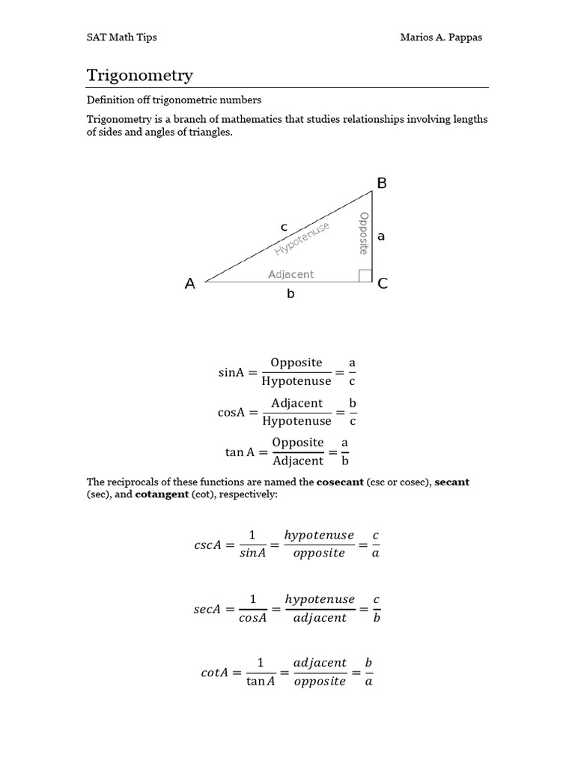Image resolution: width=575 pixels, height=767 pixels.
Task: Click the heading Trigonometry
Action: tap(140, 76)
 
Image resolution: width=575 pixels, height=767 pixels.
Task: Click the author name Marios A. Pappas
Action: tap(441, 37)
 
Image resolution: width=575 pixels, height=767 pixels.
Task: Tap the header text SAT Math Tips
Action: tap(122, 37)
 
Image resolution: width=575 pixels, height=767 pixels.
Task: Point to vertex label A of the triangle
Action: tap(190, 284)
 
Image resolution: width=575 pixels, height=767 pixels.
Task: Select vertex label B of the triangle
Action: tap(381, 184)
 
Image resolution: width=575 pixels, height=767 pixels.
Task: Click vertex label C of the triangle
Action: tap(383, 284)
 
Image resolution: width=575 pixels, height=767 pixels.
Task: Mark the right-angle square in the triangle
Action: tap(365, 276)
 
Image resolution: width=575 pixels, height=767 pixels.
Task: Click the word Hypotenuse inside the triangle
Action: tap(302, 239)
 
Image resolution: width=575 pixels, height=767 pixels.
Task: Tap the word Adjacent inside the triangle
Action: tap(290, 274)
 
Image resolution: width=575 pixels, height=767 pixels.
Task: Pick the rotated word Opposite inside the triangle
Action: tap(364, 233)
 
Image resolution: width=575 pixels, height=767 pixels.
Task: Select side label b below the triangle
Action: tap(290, 294)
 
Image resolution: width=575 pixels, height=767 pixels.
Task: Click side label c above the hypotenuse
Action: tap(284, 226)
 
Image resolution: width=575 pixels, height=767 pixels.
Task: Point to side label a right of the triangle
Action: tap(381, 236)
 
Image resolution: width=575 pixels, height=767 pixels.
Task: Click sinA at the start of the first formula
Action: tap(231, 372)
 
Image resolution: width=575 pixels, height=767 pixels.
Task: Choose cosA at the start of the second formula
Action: tap(231, 413)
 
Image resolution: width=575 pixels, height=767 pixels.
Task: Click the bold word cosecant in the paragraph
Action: tap(340, 482)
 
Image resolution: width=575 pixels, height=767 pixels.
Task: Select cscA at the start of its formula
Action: tap(207, 545)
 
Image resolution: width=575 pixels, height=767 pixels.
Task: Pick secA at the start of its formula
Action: tap(207, 609)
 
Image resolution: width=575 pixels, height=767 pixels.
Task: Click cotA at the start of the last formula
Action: tap(215, 673)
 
